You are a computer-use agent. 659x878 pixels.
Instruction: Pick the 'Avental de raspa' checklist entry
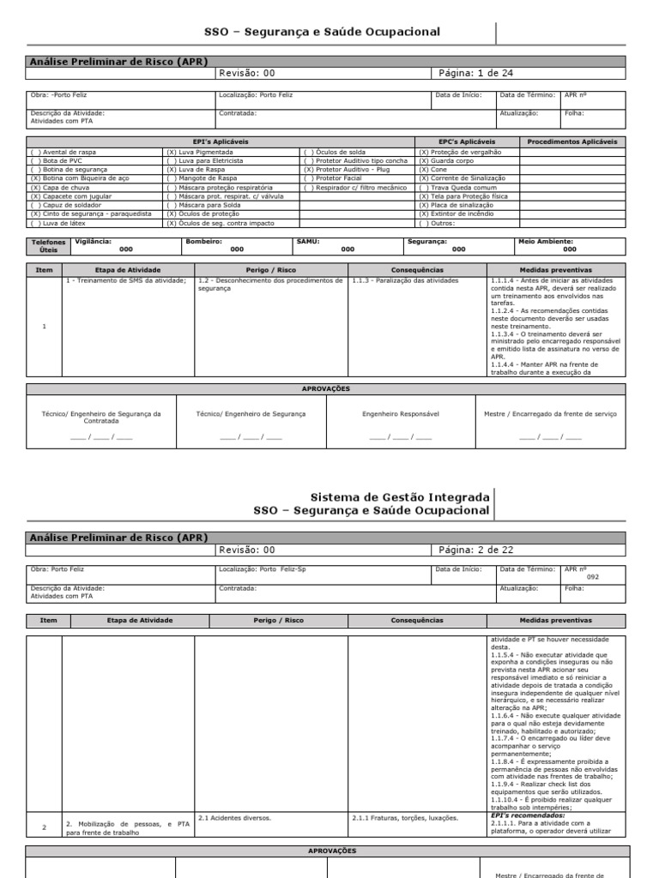point(61,152)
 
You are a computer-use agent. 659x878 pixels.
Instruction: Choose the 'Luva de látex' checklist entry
point(57,223)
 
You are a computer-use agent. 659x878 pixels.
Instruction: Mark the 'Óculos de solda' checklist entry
point(336,152)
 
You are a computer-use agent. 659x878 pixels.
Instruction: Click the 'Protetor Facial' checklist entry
point(334,178)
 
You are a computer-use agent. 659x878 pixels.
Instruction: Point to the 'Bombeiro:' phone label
point(203,242)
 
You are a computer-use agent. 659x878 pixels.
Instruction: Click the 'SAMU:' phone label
point(307,242)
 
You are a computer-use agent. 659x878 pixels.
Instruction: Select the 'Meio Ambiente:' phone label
point(547,242)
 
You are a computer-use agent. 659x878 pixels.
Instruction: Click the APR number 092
point(592,577)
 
